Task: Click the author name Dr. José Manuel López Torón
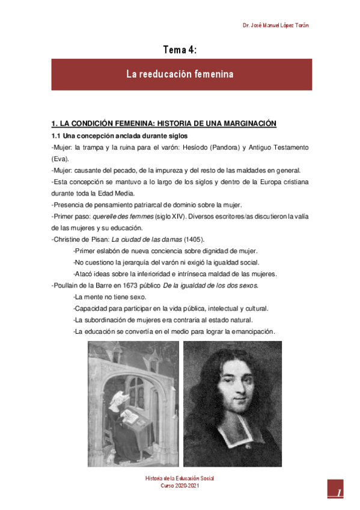276,25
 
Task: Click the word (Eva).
60,159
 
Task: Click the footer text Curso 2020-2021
180,485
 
